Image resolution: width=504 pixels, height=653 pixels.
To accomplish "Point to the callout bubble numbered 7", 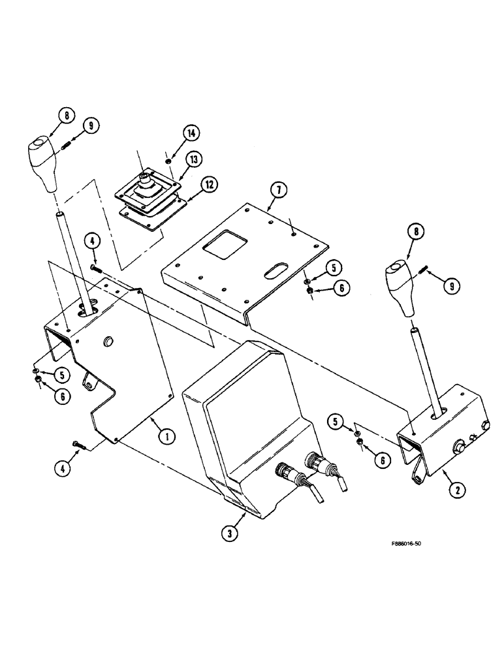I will click(x=278, y=191).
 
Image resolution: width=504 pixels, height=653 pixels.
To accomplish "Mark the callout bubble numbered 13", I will click(x=194, y=159).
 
